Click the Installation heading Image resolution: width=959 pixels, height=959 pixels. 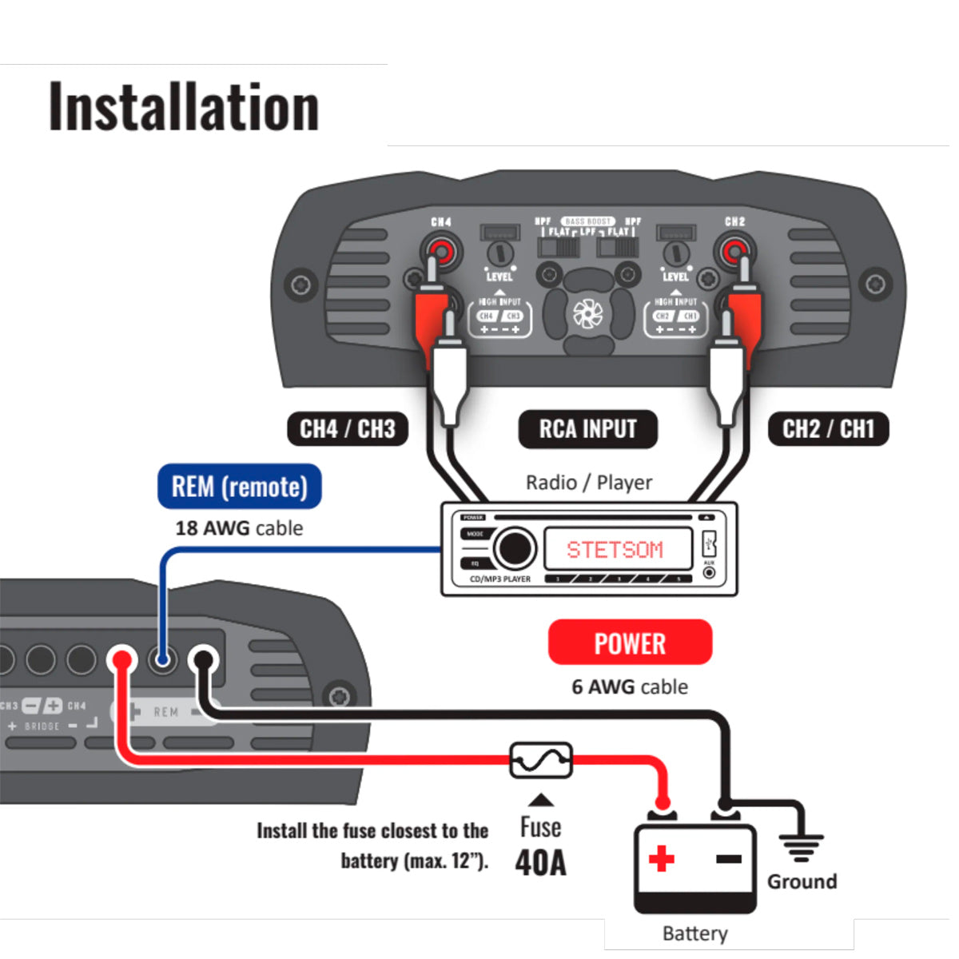click(184, 107)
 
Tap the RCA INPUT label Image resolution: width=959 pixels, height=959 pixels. click(587, 429)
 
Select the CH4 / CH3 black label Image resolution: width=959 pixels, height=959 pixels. click(348, 429)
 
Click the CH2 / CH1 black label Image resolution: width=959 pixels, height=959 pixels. click(829, 429)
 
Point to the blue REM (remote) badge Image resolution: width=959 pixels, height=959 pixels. click(240, 487)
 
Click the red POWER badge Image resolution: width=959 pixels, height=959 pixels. click(630, 643)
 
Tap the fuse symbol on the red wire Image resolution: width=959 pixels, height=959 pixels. click(541, 760)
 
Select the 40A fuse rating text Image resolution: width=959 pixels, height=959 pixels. click(541, 863)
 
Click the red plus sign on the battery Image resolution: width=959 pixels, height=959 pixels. click(661, 859)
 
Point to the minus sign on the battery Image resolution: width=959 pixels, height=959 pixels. click(728, 859)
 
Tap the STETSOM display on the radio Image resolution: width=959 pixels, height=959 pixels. click(615, 550)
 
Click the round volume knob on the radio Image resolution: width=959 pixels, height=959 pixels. click(514, 548)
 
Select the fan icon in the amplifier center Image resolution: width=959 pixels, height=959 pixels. click(587, 314)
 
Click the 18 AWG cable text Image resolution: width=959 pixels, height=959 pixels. click(239, 528)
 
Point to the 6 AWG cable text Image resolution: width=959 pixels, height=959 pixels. click(630, 686)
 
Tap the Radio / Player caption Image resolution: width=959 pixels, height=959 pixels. click(589, 483)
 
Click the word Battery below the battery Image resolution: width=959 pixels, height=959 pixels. click(695, 933)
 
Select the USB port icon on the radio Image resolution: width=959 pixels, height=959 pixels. click(708, 545)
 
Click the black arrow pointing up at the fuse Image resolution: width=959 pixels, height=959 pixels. click(541, 800)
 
